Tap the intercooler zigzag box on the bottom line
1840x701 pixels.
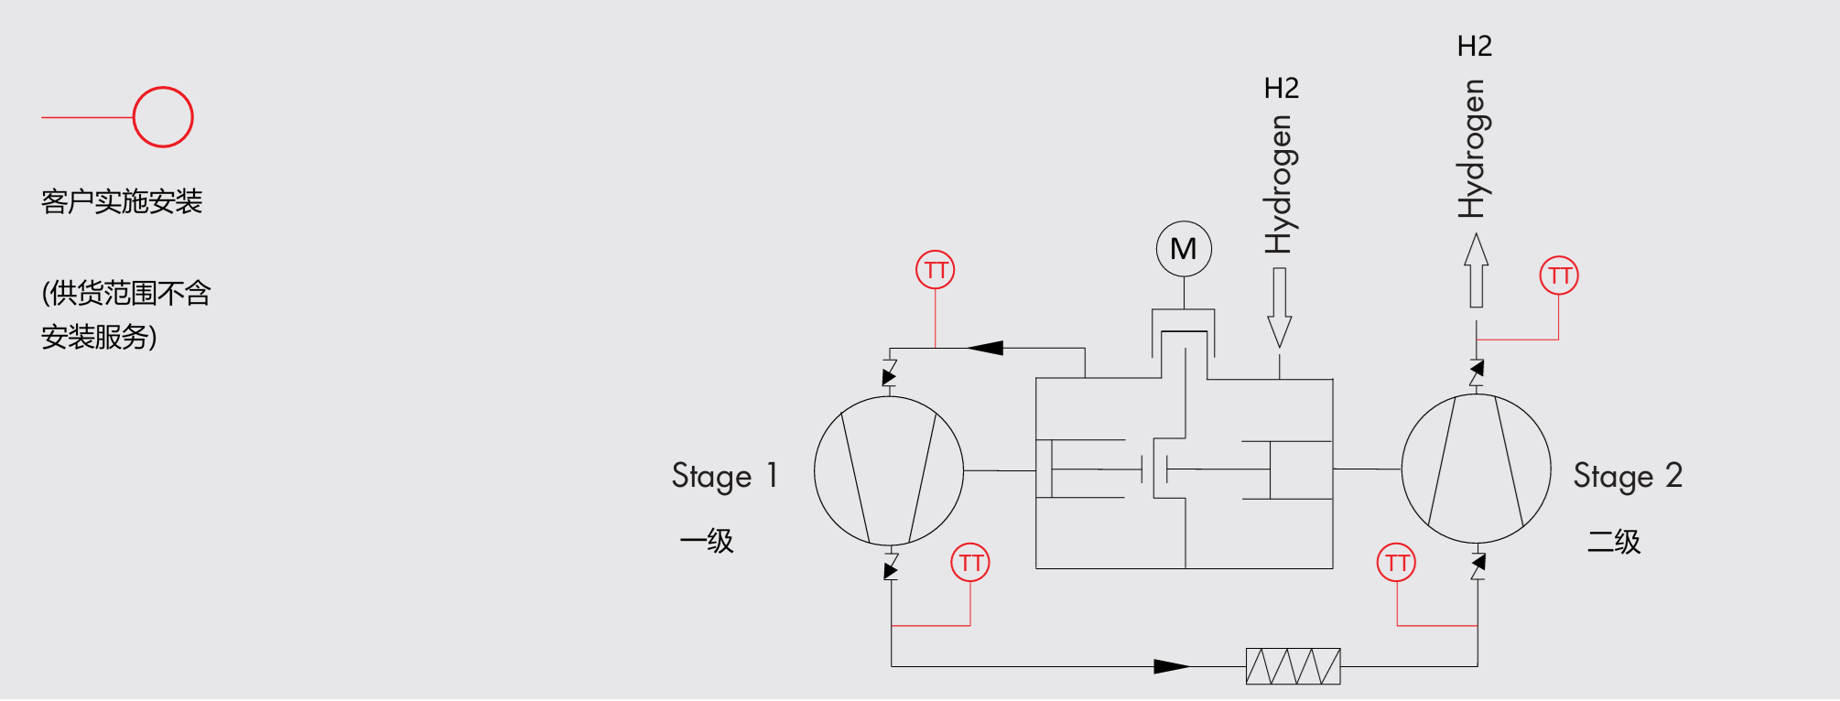click(x=1293, y=666)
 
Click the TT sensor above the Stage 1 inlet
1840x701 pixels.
click(x=936, y=270)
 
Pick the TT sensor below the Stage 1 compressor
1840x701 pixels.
click(x=970, y=562)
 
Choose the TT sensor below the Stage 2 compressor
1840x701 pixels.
click(x=1397, y=562)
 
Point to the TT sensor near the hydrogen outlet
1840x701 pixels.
click(x=1559, y=275)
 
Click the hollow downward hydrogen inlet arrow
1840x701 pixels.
click(x=1280, y=307)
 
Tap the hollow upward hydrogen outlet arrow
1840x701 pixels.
click(x=1476, y=270)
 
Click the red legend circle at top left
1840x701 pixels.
click(x=163, y=117)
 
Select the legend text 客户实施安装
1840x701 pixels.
click(x=122, y=201)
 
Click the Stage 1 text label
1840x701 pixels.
click(x=725, y=476)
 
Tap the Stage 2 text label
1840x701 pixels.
click(x=1628, y=476)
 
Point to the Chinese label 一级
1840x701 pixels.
click(x=707, y=541)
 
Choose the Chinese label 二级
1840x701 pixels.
click(x=1614, y=541)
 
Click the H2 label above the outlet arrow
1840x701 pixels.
click(x=1475, y=46)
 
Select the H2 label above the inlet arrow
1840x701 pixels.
click(x=1282, y=88)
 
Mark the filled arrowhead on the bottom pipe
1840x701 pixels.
click(x=1172, y=666)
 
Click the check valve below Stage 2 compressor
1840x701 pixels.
click(x=1477, y=566)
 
